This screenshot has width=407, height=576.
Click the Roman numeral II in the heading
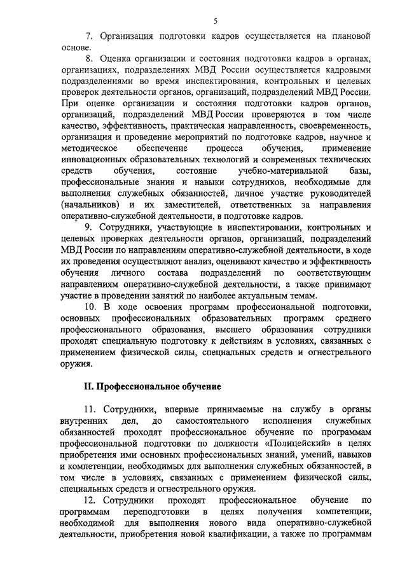(x=89, y=386)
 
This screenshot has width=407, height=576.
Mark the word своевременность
(x=334, y=125)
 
